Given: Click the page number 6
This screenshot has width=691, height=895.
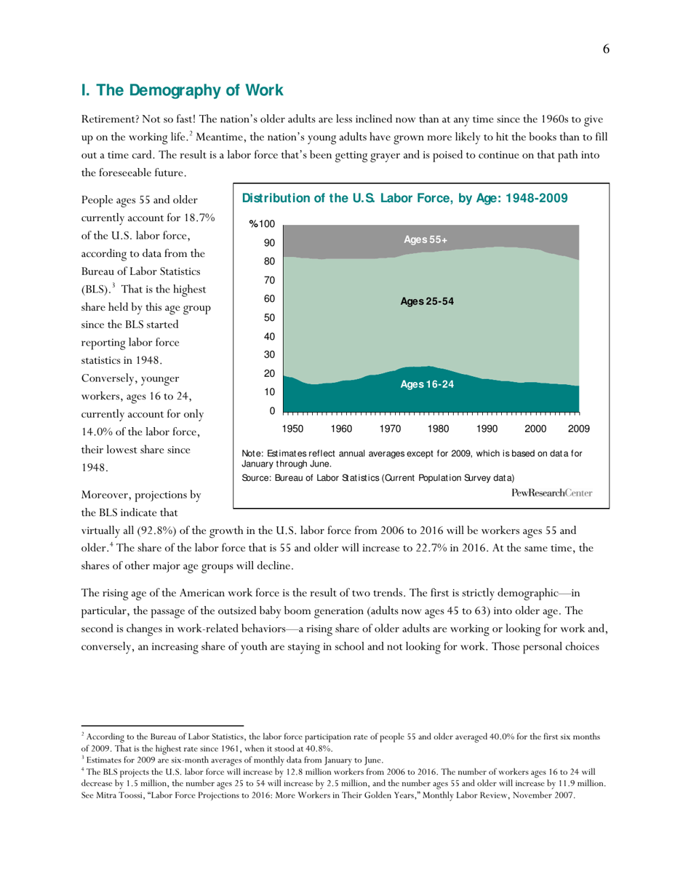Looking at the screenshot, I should pos(605,49).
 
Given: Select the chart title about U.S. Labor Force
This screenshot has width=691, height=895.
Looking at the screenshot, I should pos(404,199).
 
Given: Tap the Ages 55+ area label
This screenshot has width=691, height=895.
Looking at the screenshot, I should pos(426,239).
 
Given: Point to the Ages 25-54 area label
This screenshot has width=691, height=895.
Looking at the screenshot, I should pos(428,302).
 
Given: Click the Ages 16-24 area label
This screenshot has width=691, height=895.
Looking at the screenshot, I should pos(427,385).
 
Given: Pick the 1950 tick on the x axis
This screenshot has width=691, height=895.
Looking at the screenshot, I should pos(293,429).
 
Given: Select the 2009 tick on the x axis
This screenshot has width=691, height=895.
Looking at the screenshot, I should pos(579,429).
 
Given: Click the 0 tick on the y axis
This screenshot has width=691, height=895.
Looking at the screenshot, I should pos(272,411).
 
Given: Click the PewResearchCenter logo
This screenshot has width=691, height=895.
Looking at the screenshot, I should pos(552,493).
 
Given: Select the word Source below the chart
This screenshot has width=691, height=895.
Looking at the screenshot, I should pos(257,478).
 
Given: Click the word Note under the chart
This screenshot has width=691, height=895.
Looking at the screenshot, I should pos(252,453).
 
